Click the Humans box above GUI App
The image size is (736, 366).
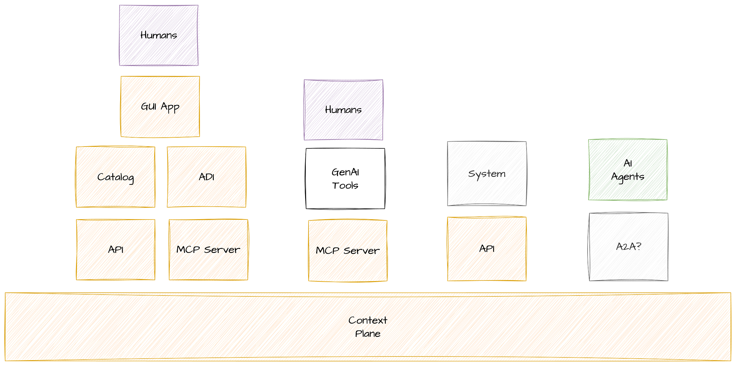tap(159, 35)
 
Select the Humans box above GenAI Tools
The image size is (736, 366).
tap(343, 110)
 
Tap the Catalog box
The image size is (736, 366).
tap(116, 177)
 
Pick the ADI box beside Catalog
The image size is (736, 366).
tap(206, 177)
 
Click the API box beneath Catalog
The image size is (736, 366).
tap(116, 249)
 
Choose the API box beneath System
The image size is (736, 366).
tap(487, 249)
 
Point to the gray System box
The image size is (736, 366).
tap(487, 173)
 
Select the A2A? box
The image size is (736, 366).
tap(628, 247)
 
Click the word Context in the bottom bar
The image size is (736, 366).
tap(368, 320)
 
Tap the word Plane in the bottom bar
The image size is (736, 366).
tap(368, 334)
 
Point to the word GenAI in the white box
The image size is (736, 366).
tap(345, 172)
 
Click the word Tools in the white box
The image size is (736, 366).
tap(345, 186)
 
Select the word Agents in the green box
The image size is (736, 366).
tap(627, 177)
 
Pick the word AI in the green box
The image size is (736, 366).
tap(628, 163)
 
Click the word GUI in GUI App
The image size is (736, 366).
tap(149, 106)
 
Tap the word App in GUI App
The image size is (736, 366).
tap(170, 107)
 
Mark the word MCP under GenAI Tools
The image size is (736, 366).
tap(327, 250)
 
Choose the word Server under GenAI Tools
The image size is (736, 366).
tap(362, 251)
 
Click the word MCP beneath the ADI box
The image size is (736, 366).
tap(188, 250)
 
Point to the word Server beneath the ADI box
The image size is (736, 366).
tap(222, 250)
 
